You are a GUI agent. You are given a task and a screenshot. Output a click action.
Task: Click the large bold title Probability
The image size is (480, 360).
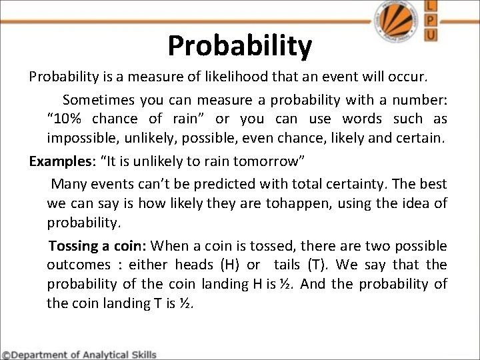coord(239,45)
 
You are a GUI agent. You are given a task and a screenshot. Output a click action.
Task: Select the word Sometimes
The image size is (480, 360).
coord(98,100)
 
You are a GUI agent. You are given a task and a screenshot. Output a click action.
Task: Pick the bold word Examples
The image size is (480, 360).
coord(55,163)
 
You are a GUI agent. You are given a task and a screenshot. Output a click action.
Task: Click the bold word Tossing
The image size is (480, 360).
coord(75,245)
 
